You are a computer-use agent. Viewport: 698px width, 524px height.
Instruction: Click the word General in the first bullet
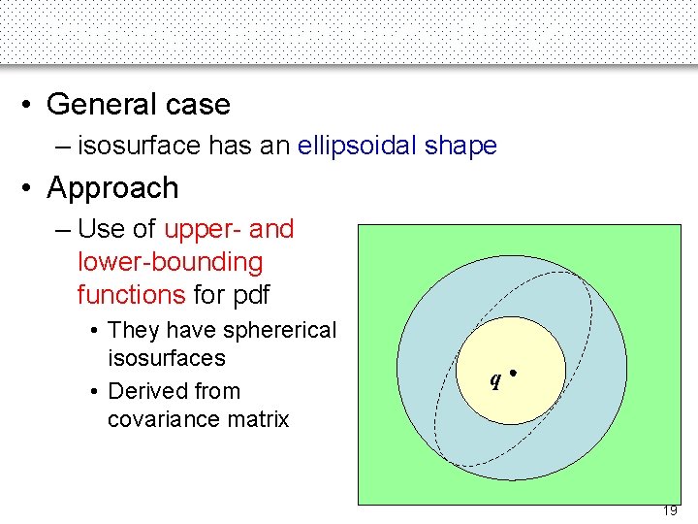[x=104, y=105]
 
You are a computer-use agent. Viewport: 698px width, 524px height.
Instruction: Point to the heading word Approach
[x=112, y=188]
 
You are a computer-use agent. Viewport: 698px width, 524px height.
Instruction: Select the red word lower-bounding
[x=170, y=262]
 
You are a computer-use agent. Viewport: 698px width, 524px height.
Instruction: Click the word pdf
[x=249, y=293]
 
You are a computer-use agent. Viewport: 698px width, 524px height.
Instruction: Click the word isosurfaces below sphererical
[x=166, y=358]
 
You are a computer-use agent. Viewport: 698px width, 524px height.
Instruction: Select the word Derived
[x=148, y=391]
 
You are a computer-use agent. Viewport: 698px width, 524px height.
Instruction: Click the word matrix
[x=258, y=419]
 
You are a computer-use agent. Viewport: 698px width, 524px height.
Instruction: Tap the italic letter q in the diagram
[x=494, y=379]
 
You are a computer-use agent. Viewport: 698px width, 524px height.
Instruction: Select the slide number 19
[x=670, y=510]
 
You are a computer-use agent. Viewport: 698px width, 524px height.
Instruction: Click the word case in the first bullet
[x=199, y=105]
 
